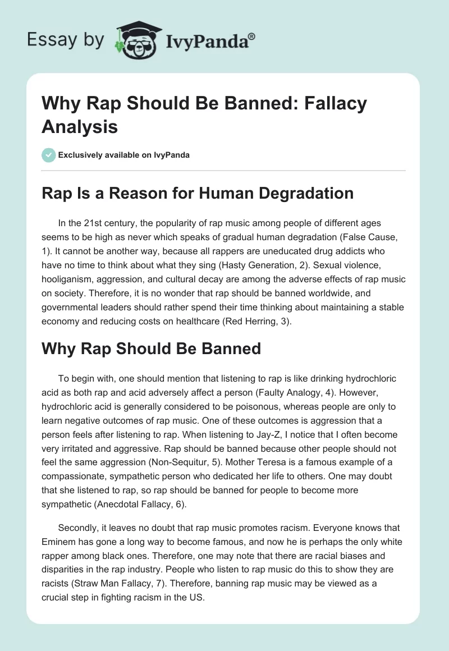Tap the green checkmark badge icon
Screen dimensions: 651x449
(x=49, y=155)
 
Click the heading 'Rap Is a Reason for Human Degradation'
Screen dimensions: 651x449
(x=198, y=193)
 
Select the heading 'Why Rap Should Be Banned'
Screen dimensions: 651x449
(x=152, y=348)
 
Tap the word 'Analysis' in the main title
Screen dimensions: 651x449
(x=80, y=126)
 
